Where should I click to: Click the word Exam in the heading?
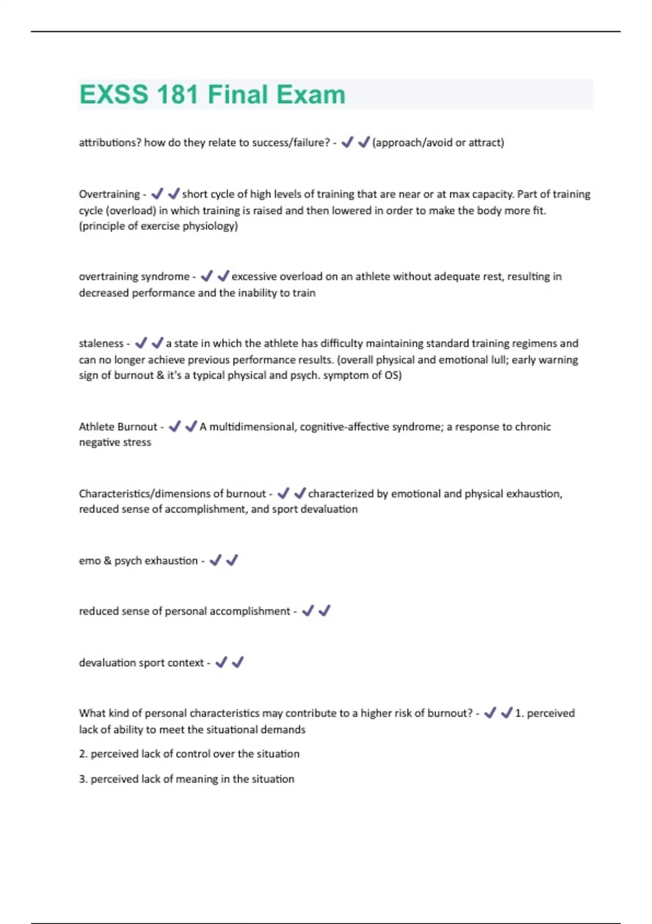[x=310, y=95]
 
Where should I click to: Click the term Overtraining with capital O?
[x=109, y=194]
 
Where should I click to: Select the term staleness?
[x=101, y=344]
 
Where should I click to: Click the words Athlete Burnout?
[x=118, y=427]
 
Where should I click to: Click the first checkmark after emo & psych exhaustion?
[x=215, y=560]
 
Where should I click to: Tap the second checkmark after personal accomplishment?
[x=324, y=611]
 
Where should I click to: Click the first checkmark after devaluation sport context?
[x=221, y=663]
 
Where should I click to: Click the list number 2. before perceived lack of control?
[x=83, y=754]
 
